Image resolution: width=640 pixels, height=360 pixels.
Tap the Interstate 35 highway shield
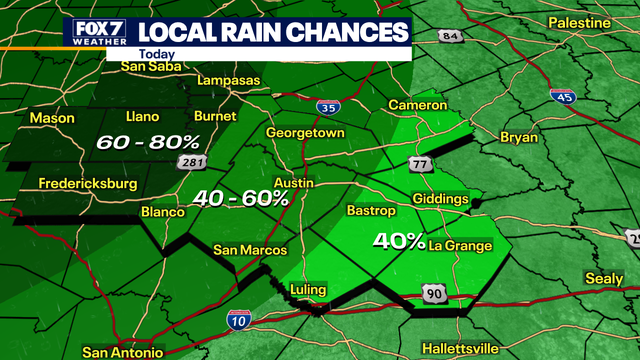click(325, 104)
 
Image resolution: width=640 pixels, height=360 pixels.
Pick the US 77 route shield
click(418, 162)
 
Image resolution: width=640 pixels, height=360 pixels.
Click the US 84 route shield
click(450, 37)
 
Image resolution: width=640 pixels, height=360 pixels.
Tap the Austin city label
click(295, 184)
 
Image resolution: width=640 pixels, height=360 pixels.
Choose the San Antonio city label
click(123, 352)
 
